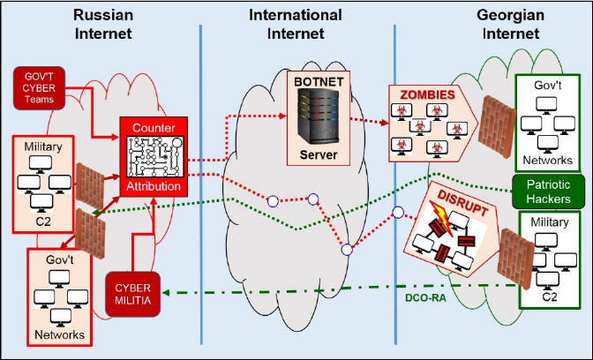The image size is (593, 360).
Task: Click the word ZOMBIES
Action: pyautogui.click(x=429, y=94)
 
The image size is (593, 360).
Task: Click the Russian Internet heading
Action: pyautogui.click(x=103, y=24)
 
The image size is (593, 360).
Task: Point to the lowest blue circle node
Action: pyautogui.click(x=348, y=250)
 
